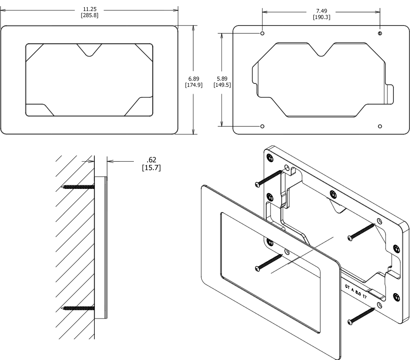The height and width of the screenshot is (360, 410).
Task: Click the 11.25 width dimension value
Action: pos(89,9)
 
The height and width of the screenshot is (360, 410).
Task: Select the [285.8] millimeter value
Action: pos(89,16)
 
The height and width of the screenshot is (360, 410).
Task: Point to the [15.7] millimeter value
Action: pos(151,168)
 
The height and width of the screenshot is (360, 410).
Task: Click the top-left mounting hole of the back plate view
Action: pos(262,34)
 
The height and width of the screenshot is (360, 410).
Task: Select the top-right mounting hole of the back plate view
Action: pos(380,34)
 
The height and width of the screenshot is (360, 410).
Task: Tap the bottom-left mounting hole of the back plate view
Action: pos(262,126)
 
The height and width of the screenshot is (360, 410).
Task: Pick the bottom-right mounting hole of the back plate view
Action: pos(380,126)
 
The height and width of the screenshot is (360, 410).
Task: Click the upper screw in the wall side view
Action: pos(78,187)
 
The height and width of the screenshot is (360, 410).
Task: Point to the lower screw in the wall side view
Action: pos(78,309)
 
